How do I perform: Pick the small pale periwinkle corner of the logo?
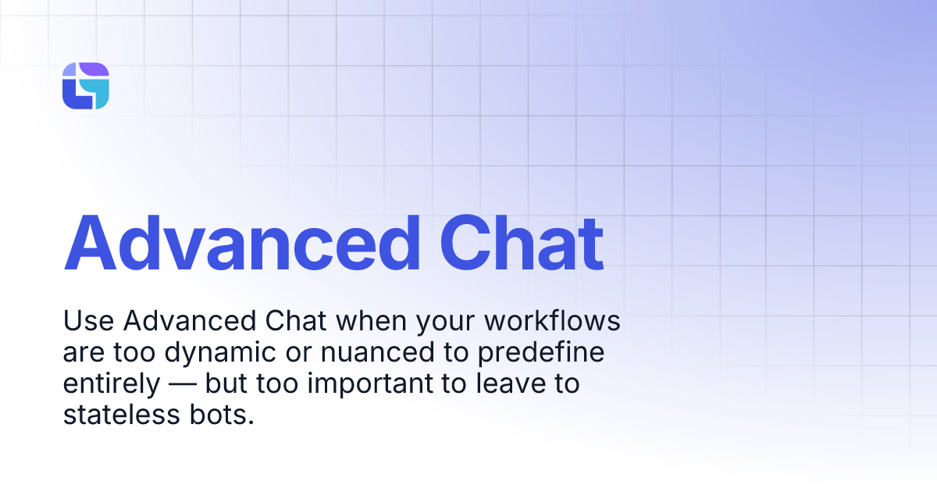pos(69,70)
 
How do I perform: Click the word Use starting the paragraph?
pos(87,322)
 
